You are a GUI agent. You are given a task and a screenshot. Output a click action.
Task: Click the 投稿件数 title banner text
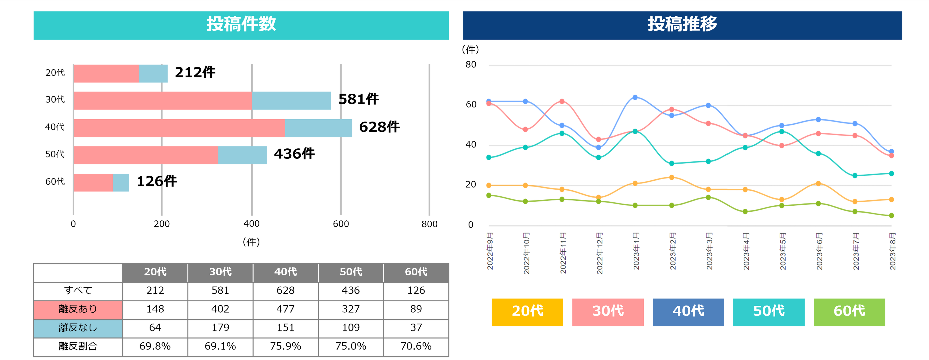[241, 24]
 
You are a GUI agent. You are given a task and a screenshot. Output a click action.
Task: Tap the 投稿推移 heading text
[682, 24]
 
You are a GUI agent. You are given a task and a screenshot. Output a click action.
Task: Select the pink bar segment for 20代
[106, 74]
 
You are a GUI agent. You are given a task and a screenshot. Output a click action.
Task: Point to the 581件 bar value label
[358, 99]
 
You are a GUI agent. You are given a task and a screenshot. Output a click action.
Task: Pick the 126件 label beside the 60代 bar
[157, 181]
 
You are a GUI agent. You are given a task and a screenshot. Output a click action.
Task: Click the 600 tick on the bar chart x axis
[341, 224]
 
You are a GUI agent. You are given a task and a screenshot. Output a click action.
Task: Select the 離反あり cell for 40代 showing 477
[285, 309]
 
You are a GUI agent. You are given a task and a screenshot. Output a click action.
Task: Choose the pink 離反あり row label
[78, 309]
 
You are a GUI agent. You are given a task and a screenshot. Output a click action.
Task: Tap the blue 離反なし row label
[78, 328]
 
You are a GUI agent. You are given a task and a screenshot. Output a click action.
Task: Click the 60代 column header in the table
[416, 272]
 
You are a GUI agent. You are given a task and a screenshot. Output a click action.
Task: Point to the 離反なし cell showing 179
[220, 328]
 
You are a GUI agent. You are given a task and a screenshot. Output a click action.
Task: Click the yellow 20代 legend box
[527, 312]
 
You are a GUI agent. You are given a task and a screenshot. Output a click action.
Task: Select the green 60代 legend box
[849, 312]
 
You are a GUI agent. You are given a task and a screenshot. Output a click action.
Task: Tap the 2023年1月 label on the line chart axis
[636, 251]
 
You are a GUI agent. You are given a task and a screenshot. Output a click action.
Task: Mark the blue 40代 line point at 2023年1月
[635, 97]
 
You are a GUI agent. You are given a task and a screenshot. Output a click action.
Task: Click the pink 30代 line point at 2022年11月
[562, 101]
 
